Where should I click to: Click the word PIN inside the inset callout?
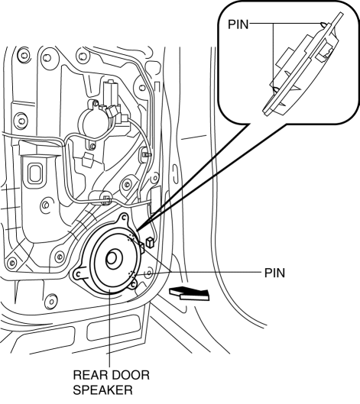coord(238,24)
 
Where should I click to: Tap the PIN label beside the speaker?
coord(274,273)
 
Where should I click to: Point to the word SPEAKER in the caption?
coord(102,390)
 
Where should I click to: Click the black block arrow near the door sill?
coord(190,293)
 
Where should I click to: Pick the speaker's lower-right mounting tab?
coord(133,284)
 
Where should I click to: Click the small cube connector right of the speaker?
coord(149,242)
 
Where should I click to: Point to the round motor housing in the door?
coord(93,122)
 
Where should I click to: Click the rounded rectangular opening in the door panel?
coord(34,173)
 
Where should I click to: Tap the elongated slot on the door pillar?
coord(175,173)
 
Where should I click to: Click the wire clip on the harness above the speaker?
coord(106,199)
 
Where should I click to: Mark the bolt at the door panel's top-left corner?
coord(23,56)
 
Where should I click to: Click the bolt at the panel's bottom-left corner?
coord(11,263)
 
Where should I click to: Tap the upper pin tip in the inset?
coord(323,24)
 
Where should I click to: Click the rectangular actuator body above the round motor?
coord(111,93)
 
